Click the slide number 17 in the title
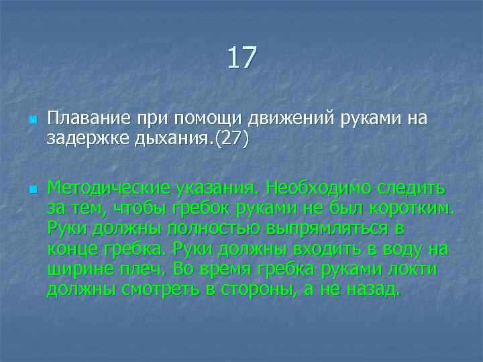click(x=241, y=58)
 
